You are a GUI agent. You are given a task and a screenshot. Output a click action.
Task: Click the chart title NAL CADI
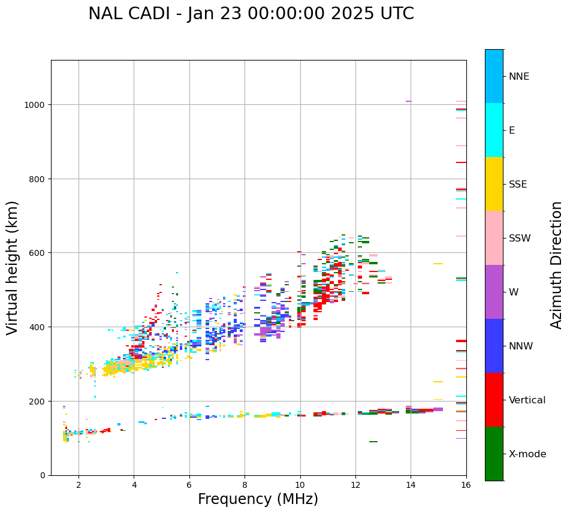coord(251,14)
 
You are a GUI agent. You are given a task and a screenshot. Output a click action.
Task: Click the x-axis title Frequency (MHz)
coord(258,499)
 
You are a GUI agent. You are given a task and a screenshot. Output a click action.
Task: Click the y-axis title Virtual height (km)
coord(13,267)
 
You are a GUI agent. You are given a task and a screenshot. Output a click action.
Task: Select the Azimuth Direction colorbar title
coord(557,265)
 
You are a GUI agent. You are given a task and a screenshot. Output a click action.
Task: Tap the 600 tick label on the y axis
coord(39,253)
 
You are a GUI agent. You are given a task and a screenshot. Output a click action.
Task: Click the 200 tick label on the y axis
coord(39,401)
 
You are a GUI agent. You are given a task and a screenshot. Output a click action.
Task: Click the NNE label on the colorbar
coord(519,76)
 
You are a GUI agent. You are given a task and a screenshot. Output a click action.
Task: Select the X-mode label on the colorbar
coord(527,454)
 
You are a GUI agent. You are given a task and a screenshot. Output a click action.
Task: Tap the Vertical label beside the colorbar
coord(527,400)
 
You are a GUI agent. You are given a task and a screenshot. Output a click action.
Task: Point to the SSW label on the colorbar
coord(520,238)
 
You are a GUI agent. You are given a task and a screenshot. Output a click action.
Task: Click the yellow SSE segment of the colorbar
coord(494,184)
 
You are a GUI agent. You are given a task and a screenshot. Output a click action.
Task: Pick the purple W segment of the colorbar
coord(494,292)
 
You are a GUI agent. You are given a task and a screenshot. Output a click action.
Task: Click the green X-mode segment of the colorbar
coord(494,454)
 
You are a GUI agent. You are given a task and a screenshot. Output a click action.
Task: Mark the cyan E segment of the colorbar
coord(494,130)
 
